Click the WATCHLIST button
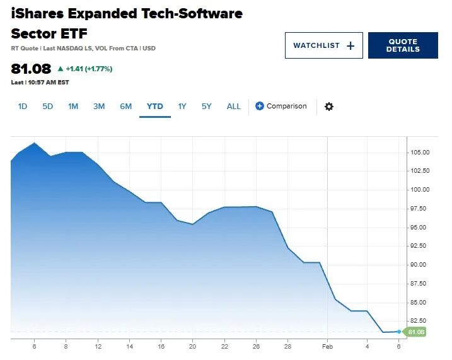[323, 45]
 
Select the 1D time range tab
[23, 106]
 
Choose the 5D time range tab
[48, 106]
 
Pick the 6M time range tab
[126, 106]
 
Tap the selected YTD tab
[155, 106]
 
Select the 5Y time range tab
[207, 106]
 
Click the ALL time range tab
[234, 106]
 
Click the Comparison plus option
[281, 106]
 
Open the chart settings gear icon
[329, 107]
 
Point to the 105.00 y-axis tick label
[420, 153]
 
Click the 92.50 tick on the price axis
[420, 246]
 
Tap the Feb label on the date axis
[327, 347]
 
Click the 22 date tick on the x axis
[224, 347]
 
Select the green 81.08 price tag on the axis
[417, 332]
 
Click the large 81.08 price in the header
[31, 68]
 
